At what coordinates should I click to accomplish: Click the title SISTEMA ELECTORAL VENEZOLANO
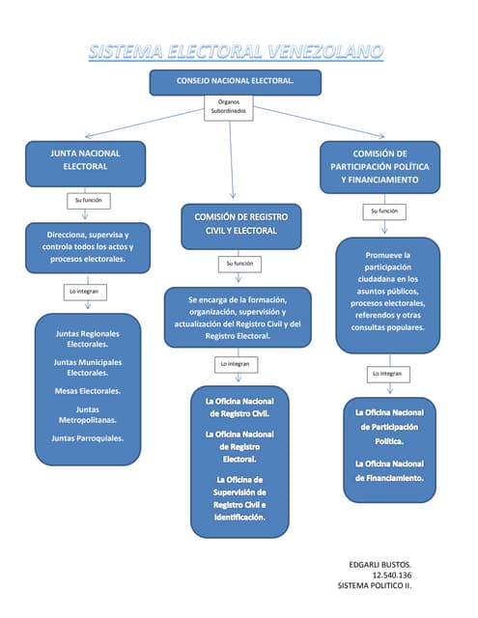[x=236, y=50]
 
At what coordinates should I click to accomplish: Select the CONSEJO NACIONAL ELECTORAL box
[x=235, y=82]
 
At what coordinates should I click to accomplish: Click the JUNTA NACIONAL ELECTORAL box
[x=86, y=161]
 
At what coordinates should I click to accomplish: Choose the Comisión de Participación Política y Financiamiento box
[x=380, y=166]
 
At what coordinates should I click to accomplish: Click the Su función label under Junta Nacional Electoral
[x=86, y=201]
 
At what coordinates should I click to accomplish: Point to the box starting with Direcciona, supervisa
[x=86, y=246]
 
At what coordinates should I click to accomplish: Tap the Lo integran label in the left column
[x=85, y=291]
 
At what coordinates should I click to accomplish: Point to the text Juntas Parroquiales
[x=87, y=438]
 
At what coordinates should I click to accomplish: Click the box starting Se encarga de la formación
[x=238, y=318]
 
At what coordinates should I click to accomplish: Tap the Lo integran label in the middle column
[x=235, y=363]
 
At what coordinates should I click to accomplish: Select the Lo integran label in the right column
[x=386, y=374]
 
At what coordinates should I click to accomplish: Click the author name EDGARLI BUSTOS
[x=380, y=563]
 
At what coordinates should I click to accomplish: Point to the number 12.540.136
[x=391, y=575]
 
